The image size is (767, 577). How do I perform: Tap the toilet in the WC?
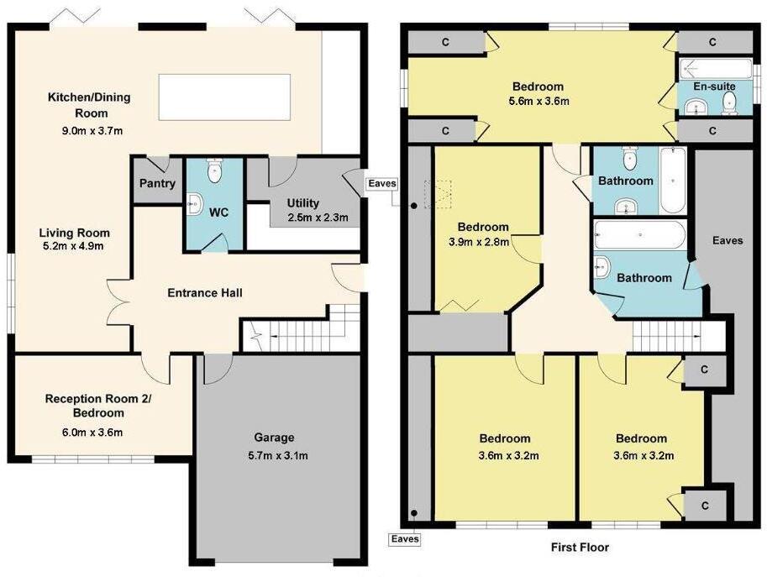[x=214, y=171]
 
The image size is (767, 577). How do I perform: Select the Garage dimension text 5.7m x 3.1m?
[x=275, y=456]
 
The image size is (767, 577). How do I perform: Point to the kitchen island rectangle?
[x=224, y=95]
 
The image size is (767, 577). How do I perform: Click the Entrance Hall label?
[x=205, y=293]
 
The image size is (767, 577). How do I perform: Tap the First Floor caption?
[x=580, y=548]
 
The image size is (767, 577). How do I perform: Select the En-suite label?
[x=710, y=87]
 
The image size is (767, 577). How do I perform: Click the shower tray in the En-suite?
[x=709, y=67]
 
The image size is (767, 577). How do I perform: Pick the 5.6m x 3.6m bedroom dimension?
[x=538, y=102]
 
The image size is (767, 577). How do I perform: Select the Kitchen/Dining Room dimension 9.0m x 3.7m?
[x=88, y=130]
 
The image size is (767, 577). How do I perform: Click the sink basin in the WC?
[x=194, y=203]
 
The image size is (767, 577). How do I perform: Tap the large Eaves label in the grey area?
[x=728, y=240]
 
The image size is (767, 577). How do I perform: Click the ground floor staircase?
[x=298, y=333]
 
